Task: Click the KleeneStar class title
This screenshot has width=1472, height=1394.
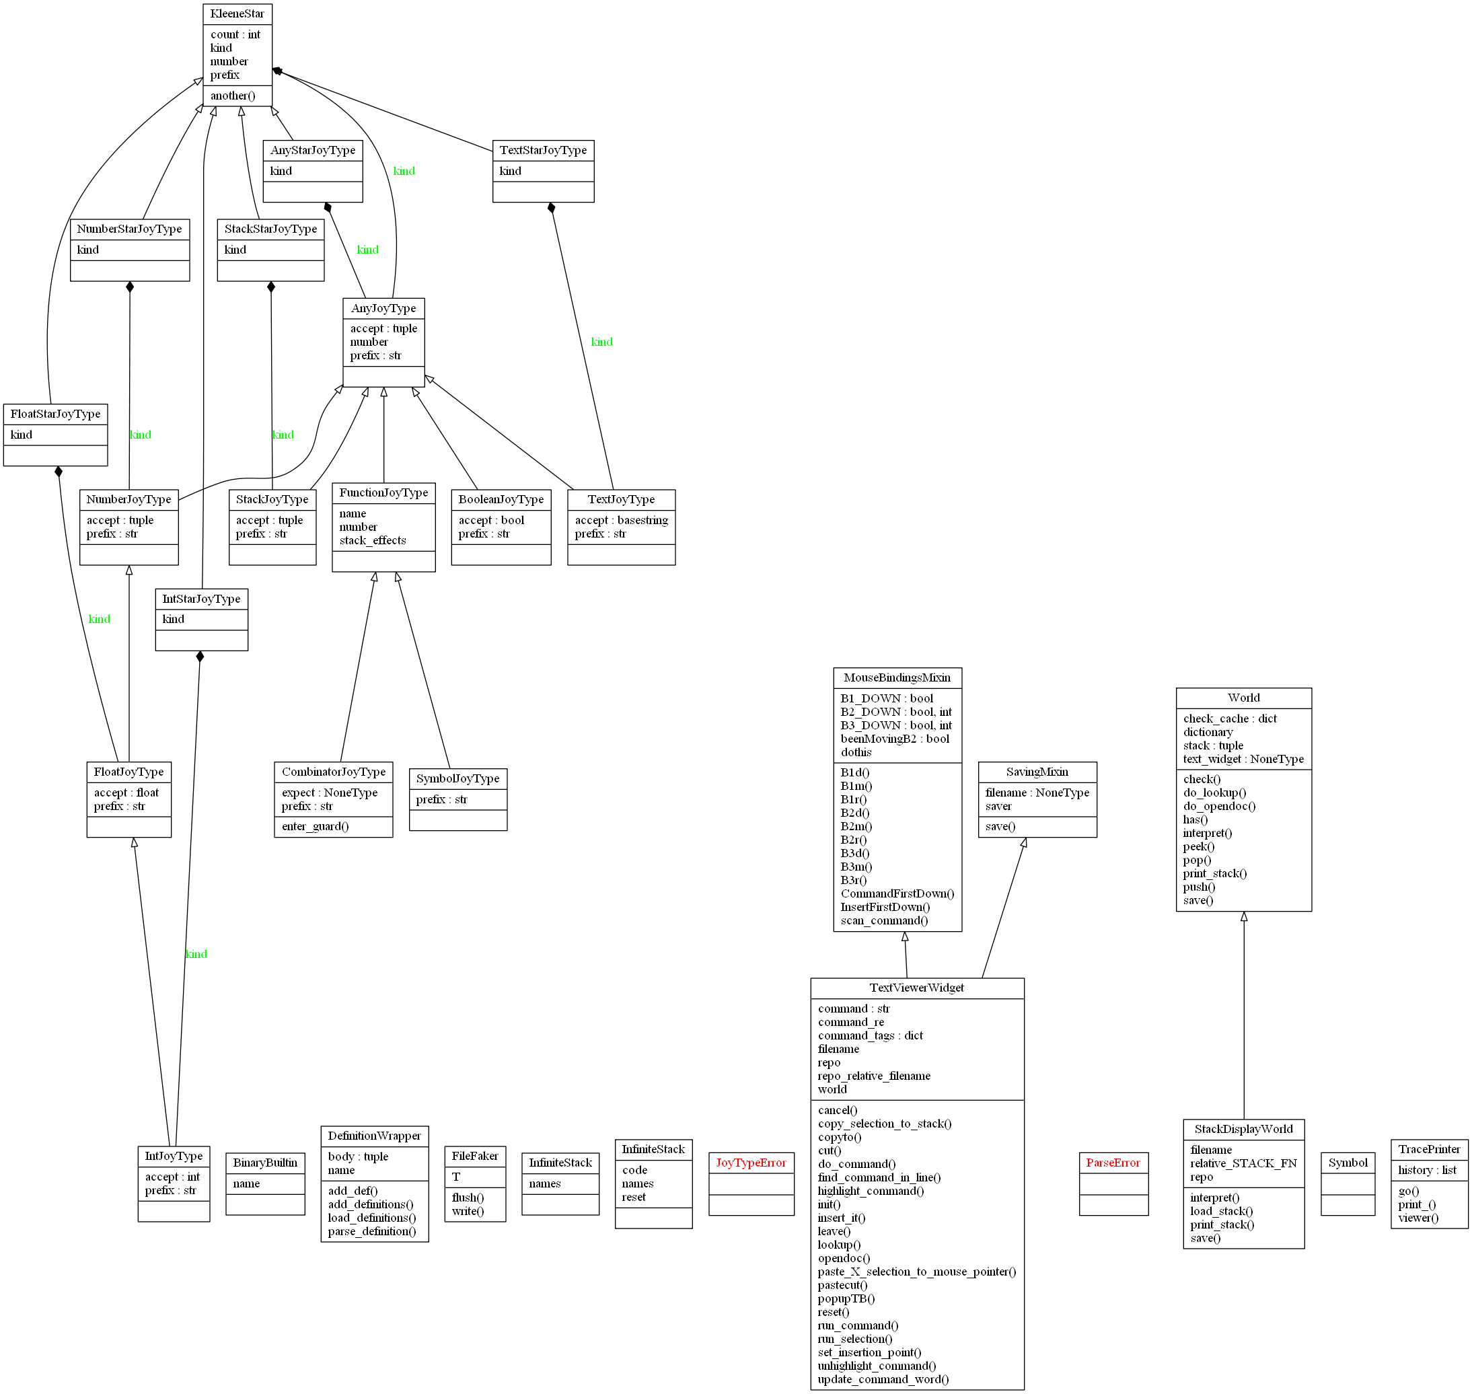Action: (x=237, y=13)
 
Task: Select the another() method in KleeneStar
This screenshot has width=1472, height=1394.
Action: (x=233, y=95)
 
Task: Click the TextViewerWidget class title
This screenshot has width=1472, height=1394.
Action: (x=916, y=987)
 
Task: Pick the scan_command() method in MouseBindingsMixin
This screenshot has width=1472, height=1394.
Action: (x=883, y=920)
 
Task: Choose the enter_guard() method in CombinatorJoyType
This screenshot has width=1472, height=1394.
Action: (x=315, y=826)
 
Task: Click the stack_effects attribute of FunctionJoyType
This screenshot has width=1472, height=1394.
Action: (x=372, y=540)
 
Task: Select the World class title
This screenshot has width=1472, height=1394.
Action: (x=1243, y=697)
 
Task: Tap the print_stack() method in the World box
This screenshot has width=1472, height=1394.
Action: (x=1214, y=873)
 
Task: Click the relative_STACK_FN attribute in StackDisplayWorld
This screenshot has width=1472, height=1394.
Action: (x=1243, y=1163)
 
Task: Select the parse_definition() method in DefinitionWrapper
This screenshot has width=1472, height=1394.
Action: (x=371, y=1231)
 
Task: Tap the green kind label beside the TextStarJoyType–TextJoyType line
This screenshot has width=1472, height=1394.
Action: (x=601, y=342)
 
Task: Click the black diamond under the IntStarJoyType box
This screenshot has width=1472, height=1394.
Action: (x=200, y=656)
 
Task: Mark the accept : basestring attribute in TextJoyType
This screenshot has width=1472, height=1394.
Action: (x=620, y=520)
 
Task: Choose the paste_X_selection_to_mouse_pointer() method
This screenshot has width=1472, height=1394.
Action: (x=916, y=1272)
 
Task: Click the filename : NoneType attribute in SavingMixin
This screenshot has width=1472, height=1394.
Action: (x=1037, y=792)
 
